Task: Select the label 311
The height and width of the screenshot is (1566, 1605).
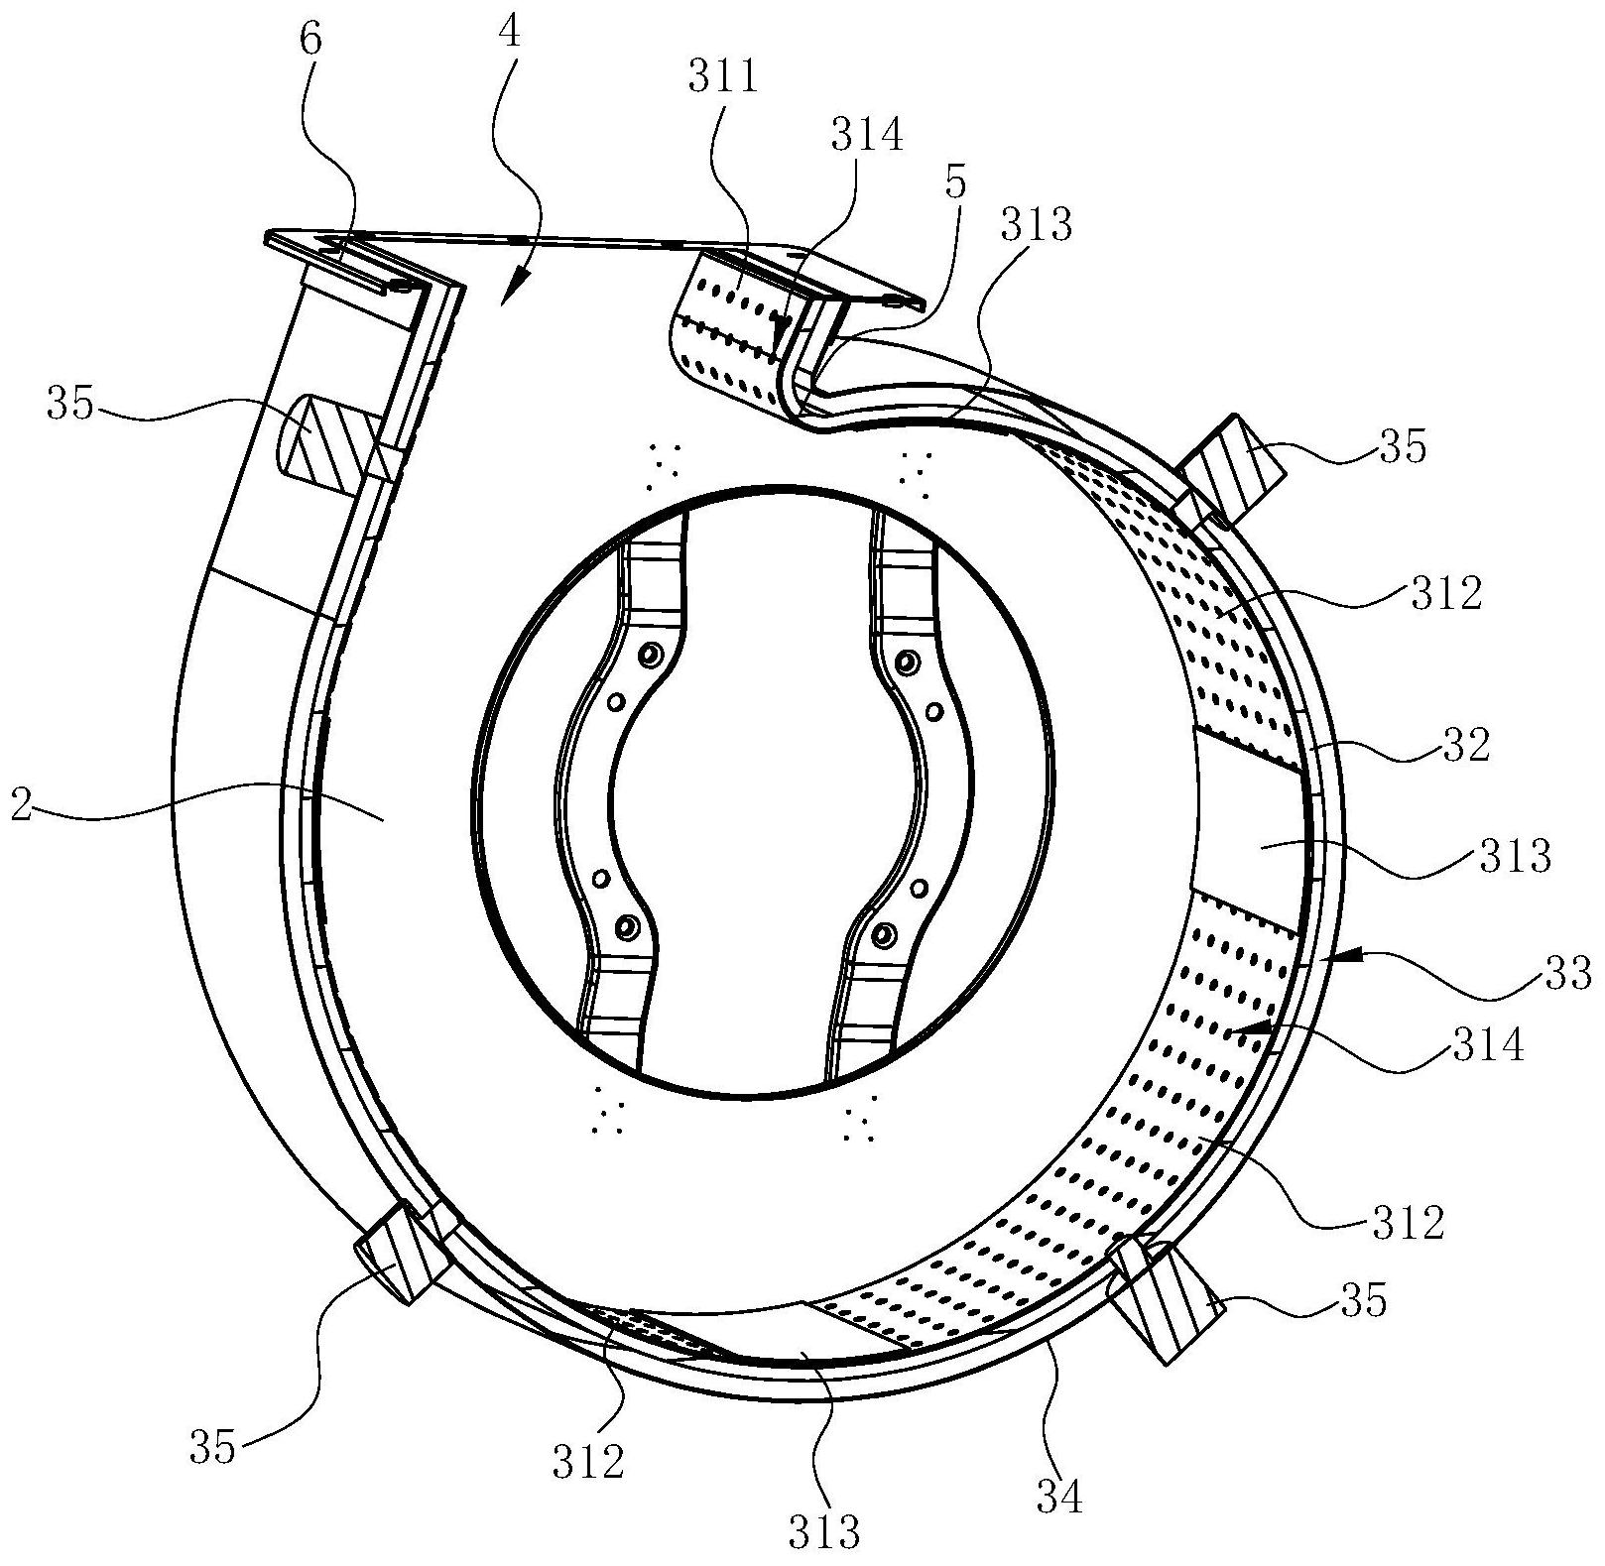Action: click(x=723, y=76)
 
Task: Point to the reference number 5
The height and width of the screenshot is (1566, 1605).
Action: click(x=956, y=185)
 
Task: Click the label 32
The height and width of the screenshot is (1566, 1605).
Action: click(x=1468, y=746)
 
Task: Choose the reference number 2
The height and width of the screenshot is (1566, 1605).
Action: click(x=21, y=804)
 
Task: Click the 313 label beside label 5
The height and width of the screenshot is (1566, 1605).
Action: click(x=1037, y=225)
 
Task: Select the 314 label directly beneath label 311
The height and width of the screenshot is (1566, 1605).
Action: click(x=867, y=134)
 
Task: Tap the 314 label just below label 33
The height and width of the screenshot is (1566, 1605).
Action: click(x=1487, y=1043)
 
